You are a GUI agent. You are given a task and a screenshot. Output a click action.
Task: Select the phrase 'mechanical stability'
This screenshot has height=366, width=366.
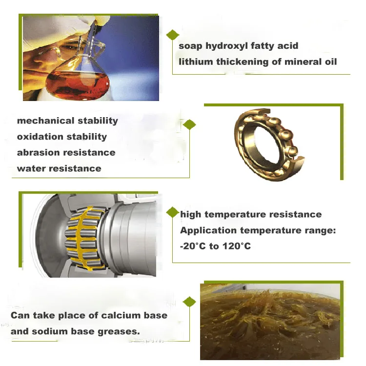pos(67,121)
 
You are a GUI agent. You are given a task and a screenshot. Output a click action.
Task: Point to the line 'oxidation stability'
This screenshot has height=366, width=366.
pos(61,137)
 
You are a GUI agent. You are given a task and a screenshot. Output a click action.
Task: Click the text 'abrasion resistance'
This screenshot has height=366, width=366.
pos(66,153)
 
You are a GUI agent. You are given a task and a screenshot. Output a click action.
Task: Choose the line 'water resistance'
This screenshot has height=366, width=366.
pos(59,169)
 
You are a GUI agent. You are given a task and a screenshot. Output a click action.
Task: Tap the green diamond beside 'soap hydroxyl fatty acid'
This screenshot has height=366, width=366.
pos(172,35)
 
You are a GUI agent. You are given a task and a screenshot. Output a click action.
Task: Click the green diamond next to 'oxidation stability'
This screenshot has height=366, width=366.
pos(189,125)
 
